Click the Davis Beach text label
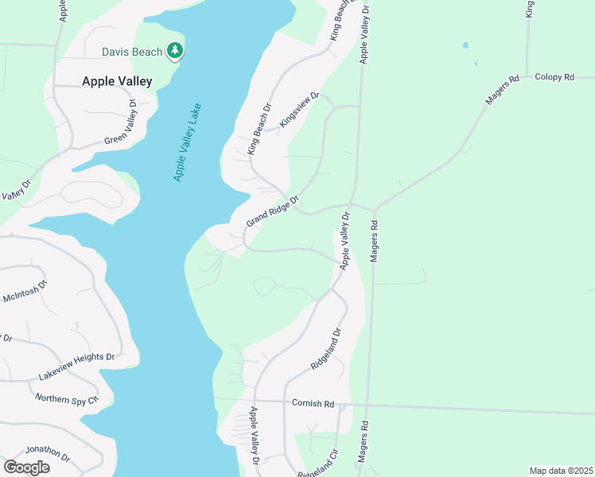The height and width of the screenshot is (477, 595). (131, 52)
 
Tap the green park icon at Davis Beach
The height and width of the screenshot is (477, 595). (175, 52)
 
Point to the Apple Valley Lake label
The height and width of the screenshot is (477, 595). (187, 142)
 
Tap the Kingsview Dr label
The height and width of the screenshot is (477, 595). (299, 111)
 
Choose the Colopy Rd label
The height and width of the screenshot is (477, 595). (554, 77)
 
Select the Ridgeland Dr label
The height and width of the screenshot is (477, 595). (326, 351)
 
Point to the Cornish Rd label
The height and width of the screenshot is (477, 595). (313, 404)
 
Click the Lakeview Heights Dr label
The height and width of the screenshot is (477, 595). (77, 368)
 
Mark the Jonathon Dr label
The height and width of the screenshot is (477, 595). (47, 454)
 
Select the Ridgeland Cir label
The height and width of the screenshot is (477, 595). (318, 463)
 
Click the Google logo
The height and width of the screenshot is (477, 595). (26, 467)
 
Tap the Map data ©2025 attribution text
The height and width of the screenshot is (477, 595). (561, 471)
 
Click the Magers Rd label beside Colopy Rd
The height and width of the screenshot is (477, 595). (503, 89)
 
